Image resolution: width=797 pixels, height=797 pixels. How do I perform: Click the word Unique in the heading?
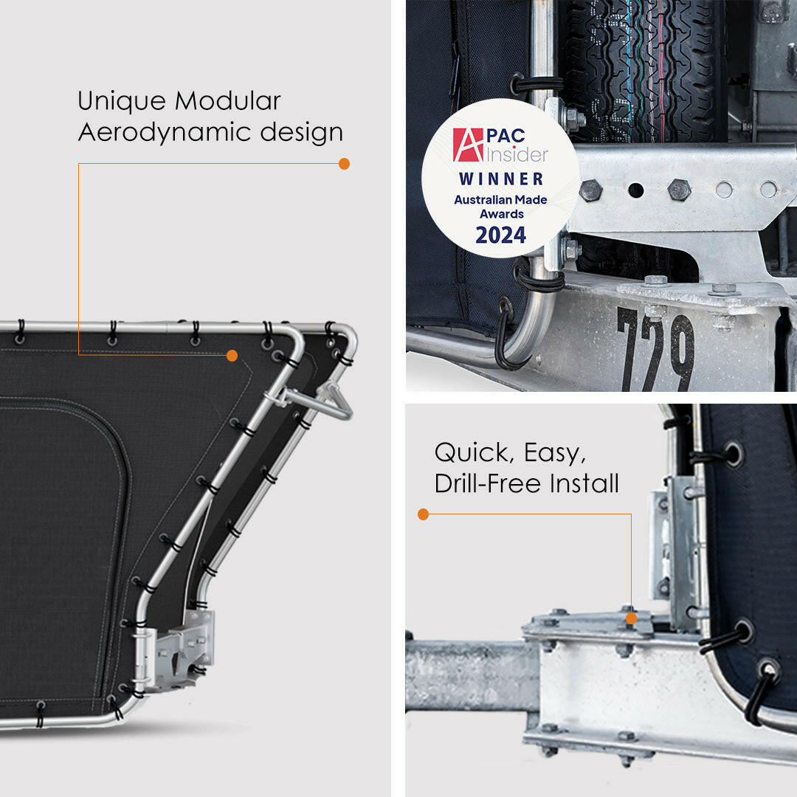pos(122,100)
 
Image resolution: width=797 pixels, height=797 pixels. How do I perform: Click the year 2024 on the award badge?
pos(500,235)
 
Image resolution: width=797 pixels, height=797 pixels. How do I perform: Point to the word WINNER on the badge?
pos(501,179)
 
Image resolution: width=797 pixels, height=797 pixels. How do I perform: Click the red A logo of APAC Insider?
pos(468,145)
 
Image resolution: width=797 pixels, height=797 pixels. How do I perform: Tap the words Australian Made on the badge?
pos(500,200)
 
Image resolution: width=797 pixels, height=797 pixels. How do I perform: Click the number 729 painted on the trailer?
pos(655,351)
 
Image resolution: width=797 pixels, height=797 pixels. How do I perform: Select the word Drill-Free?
pos(488,483)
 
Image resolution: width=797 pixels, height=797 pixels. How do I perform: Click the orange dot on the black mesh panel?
pos(232,356)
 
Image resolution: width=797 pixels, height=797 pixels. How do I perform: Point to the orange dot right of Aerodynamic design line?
pos(344,164)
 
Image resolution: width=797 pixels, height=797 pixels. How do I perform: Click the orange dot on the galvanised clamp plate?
pos(631,618)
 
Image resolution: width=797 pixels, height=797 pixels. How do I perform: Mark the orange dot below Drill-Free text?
pos(423,514)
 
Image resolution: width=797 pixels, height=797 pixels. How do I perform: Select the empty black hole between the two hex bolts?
pos(636,190)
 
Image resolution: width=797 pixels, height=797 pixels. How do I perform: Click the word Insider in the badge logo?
pos(517,154)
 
